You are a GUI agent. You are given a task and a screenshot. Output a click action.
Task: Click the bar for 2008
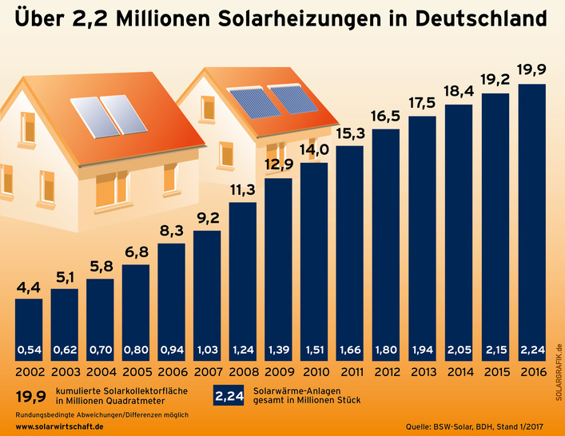click(243, 279)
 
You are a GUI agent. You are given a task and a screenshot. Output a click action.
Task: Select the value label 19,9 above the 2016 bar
click(532, 69)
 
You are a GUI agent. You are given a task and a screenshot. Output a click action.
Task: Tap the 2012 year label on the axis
click(386, 371)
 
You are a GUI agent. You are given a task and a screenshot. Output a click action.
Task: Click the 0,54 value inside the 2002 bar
click(29, 350)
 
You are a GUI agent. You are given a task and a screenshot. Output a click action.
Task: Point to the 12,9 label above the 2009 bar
click(278, 165)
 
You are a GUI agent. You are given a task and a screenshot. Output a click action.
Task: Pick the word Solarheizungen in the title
click(299, 18)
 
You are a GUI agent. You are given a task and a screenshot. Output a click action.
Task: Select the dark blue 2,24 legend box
click(230, 396)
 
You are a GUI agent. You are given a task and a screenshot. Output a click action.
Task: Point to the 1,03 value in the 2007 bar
click(207, 350)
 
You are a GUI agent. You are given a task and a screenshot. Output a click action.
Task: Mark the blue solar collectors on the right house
click(267, 100)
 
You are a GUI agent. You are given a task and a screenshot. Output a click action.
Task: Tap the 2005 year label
click(136, 371)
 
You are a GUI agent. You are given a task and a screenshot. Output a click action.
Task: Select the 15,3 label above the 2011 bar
click(350, 133)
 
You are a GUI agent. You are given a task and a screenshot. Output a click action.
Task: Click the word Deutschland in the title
click(472, 18)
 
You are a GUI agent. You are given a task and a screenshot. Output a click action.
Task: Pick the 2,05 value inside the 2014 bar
click(458, 350)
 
